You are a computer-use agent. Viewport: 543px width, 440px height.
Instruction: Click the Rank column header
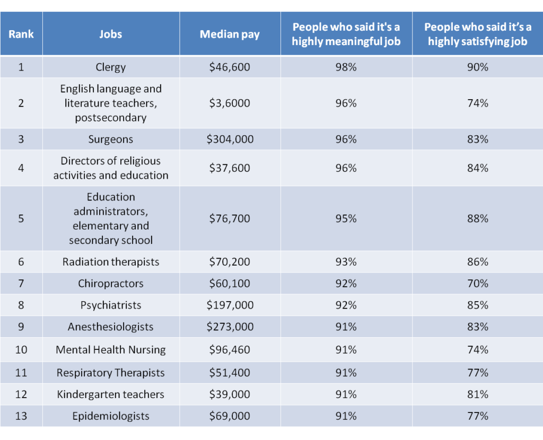coord(21,34)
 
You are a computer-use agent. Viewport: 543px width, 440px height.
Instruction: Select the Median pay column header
coord(230,34)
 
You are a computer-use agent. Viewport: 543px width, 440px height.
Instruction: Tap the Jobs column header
coord(111,34)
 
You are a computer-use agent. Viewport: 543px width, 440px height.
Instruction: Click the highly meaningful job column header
coord(346,34)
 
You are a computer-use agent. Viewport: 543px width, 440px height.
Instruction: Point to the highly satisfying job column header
coord(477,34)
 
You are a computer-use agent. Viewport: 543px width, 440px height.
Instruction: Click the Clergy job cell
coord(111,67)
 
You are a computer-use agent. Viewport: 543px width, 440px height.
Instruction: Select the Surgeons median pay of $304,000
coord(230,139)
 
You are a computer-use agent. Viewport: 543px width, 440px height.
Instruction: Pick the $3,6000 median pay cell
coord(230,103)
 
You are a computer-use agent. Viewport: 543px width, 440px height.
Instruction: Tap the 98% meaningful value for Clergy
coord(346,67)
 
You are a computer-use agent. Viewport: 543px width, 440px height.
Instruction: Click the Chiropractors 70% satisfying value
coord(477,284)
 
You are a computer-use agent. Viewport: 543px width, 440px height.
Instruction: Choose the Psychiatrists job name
coord(111,305)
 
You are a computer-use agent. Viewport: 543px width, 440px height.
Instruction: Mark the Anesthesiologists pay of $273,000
coord(230,327)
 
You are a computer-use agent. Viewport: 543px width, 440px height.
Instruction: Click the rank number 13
coord(21,416)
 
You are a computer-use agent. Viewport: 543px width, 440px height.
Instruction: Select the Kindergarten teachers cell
coord(111,394)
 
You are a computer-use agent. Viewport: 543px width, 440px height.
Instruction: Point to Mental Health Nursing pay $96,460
coord(230,350)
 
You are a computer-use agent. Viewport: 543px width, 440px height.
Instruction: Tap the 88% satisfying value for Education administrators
coord(477,218)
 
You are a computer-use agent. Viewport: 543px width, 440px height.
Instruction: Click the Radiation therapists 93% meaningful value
coord(346,262)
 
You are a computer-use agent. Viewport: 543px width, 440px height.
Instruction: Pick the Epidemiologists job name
coord(111,416)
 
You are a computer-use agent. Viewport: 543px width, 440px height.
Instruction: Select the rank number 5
coord(21,218)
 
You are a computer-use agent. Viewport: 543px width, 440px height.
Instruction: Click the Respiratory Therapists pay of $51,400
coord(230,373)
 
